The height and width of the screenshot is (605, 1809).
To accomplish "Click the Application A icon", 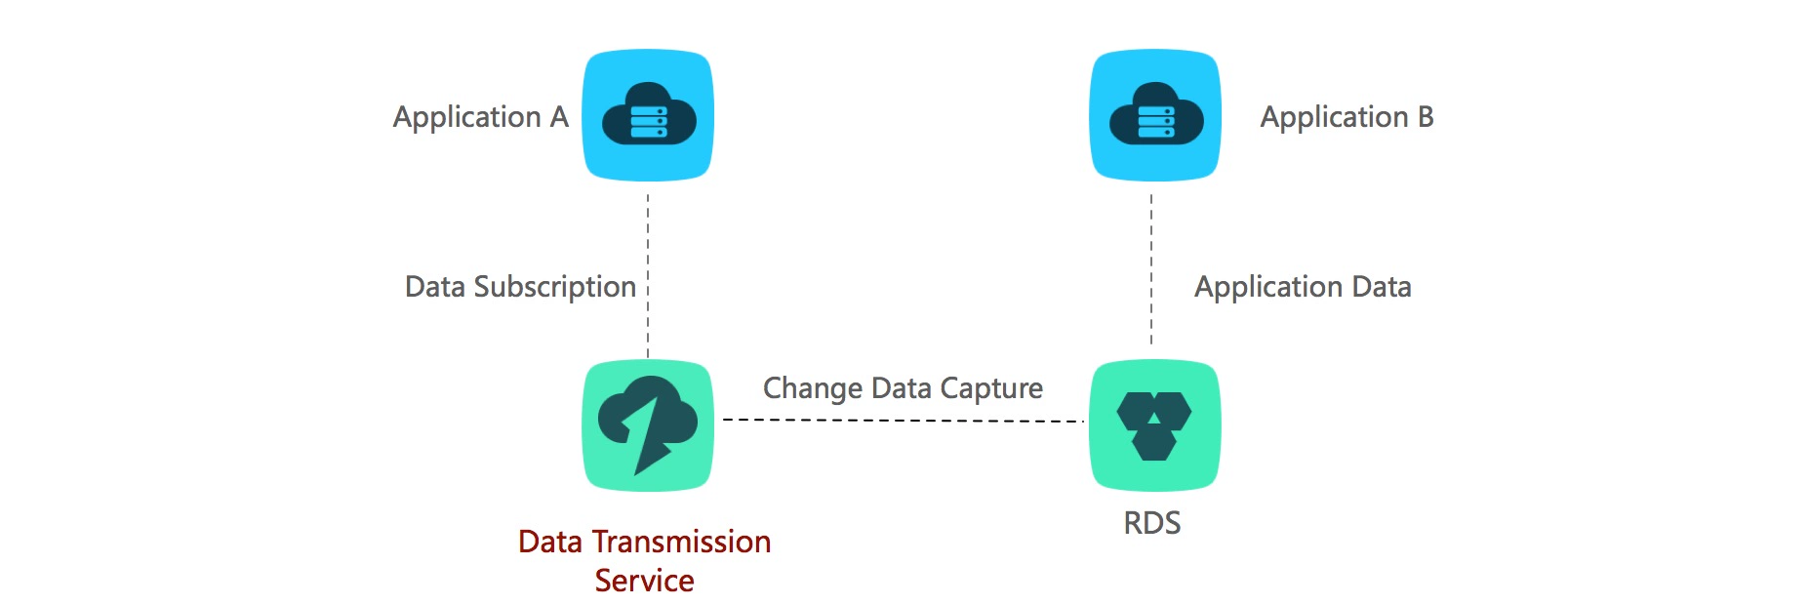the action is click(x=648, y=115).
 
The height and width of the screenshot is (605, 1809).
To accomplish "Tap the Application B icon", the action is click(x=1155, y=115).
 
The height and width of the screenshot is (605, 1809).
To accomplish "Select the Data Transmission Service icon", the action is click(x=648, y=425).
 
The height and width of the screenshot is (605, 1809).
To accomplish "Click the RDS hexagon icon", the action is click(x=1155, y=425).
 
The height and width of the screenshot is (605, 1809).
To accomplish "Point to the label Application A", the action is click(x=481, y=118).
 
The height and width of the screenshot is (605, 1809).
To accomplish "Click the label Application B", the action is click(x=1347, y=118).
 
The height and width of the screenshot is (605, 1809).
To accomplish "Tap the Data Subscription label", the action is click(x=520, y=288).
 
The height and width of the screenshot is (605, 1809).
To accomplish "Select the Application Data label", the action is click(x=1303, y=288).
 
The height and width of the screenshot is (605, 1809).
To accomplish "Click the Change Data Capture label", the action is click(x=903, y=389).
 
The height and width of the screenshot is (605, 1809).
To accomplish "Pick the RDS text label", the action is click(x=1152, y=523).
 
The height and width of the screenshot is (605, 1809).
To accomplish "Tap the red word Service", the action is click(x=645, y=581).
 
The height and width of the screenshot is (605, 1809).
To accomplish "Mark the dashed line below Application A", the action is click(x=648, y=276).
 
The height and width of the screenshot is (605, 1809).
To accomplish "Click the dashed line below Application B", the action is click(x=1151, y=269).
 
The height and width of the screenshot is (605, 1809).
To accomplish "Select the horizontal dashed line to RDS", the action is click(x=904, y=421).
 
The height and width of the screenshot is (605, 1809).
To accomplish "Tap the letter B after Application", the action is click(x=1426, y=117).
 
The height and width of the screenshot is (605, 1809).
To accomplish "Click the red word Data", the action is click(x=550, y=542).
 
